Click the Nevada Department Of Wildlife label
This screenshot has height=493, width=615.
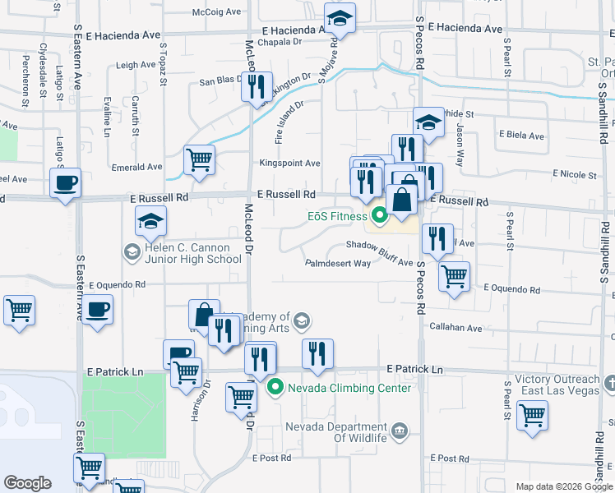[335, 432]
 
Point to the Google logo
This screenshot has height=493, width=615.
[27, 483]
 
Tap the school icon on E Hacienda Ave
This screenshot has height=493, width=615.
[339, 18]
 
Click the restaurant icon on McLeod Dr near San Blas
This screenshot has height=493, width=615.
[256, 85]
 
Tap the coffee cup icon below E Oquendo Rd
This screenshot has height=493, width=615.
[97, 310]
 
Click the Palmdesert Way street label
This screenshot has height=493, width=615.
[338, 264]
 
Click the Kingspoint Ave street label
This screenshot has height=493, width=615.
[290, 164]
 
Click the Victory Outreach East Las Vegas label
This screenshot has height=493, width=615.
[558, 385]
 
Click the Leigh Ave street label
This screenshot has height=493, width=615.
[136, 65]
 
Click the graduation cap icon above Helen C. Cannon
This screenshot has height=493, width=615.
[150, 220]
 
